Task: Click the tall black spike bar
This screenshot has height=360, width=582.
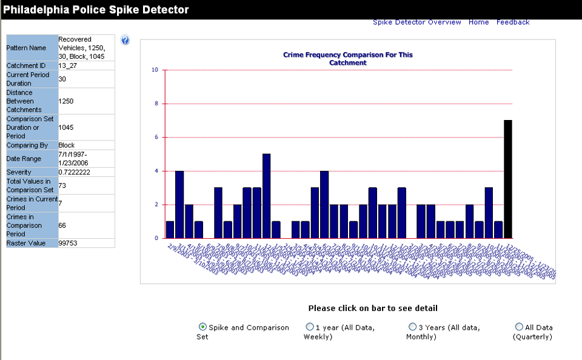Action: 508,179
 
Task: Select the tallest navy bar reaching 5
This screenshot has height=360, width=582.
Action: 266,196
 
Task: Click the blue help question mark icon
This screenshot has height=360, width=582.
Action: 125,41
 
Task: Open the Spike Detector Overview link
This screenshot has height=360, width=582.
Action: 416,22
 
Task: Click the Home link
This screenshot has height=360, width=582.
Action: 478,22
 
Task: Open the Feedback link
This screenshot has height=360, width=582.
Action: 513,22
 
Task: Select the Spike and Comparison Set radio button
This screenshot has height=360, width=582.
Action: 202,327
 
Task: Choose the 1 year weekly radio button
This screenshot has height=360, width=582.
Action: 310,327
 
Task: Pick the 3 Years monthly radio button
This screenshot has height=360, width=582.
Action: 412,327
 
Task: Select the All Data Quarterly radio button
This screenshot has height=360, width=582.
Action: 519,327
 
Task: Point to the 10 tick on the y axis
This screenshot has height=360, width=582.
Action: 155,70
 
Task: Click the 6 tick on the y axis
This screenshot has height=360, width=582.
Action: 156,138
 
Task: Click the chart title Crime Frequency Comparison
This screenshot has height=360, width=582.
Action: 347,58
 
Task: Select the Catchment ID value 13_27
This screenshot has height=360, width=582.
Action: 67,65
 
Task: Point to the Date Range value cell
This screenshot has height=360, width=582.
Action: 75,159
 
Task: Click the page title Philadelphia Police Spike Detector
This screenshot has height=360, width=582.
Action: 96,10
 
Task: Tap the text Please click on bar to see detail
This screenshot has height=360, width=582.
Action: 372,308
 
